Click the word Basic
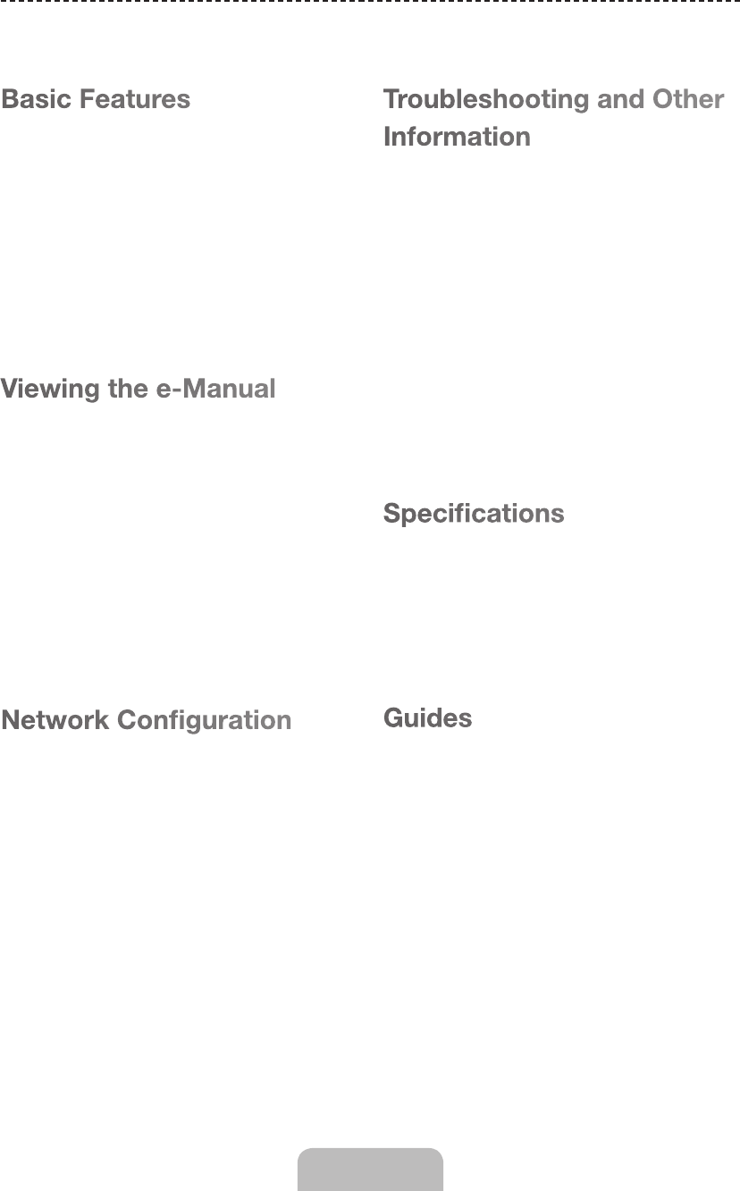click(x=37, y=98)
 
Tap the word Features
click(x=135, y=98)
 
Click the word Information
click(x=457, y=137)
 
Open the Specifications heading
click(x=474, y=514)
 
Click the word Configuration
click(x=205, y=720)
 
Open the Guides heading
click(x=427, y=717)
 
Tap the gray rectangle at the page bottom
click(x=370, y=1170)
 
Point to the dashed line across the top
click(x=370, y=3)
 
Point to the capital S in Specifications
click(x=391, y=514)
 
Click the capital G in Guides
click(x=393, y=717)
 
